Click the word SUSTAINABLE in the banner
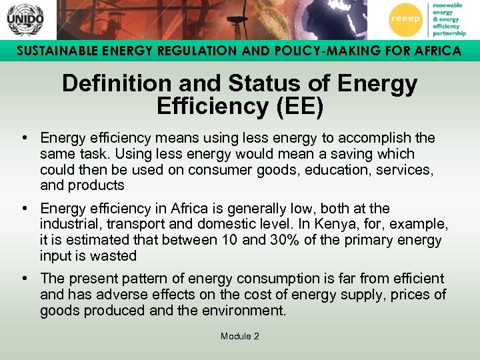[x=55, y=51]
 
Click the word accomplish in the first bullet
[x=376, y=138]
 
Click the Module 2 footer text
[x=239, y=336]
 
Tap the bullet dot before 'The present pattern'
[x=23, y=279]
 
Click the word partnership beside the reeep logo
[x=449, y=32]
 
